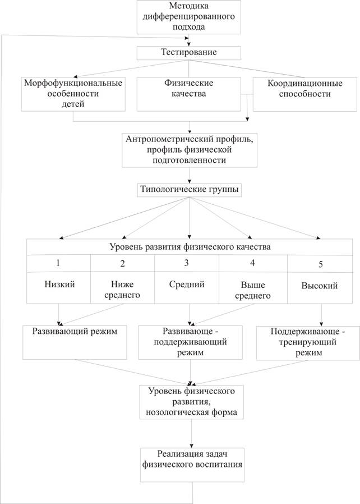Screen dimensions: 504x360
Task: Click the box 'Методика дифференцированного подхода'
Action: [189, 17]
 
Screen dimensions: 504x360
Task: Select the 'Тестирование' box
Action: [189, 52]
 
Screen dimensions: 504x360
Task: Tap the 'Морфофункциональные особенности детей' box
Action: [73, 93]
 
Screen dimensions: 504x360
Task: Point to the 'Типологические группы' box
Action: [188, 190]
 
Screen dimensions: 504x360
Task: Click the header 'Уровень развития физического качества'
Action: [188, 246]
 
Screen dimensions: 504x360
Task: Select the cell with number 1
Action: [59, 263]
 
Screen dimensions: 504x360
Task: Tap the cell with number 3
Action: [187, 263]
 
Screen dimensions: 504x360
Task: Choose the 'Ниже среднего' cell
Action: [122, 290]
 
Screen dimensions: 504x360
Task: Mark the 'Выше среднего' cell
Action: [253, 290]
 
